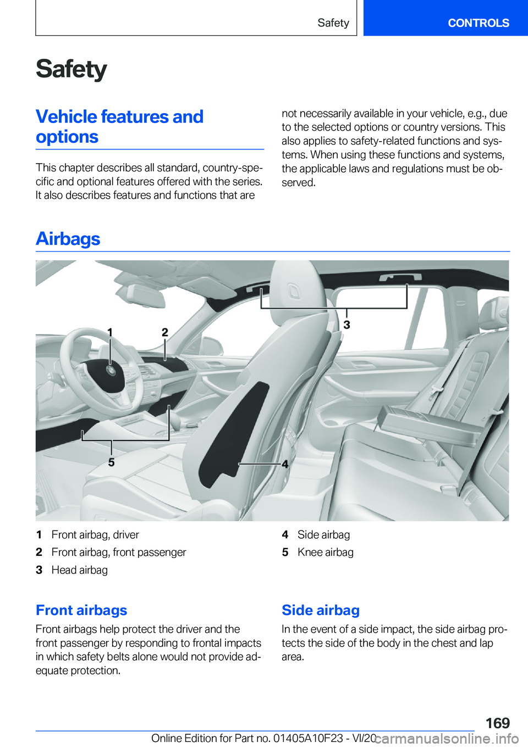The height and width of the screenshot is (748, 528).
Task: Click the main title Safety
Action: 71,70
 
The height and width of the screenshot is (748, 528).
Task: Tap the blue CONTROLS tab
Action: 478,23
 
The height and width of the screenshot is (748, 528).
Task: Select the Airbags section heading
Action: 68,239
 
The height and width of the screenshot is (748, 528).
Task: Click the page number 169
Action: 497,723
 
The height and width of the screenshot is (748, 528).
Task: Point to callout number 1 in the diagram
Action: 110,332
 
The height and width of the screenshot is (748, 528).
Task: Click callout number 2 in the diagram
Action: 165,332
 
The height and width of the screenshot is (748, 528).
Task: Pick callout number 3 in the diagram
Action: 346,325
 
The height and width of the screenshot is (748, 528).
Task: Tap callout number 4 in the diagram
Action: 285,464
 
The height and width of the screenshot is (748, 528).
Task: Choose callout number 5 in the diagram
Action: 111,462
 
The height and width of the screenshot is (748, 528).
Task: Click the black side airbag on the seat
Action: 234,434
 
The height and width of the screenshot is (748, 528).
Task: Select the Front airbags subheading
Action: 81,610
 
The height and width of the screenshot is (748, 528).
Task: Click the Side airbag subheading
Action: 321,610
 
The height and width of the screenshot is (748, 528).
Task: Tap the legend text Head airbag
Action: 80,570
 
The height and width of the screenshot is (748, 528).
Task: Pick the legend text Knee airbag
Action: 326,552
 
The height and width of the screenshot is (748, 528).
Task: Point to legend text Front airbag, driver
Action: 95,534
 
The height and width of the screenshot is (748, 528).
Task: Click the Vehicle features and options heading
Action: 119,126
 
